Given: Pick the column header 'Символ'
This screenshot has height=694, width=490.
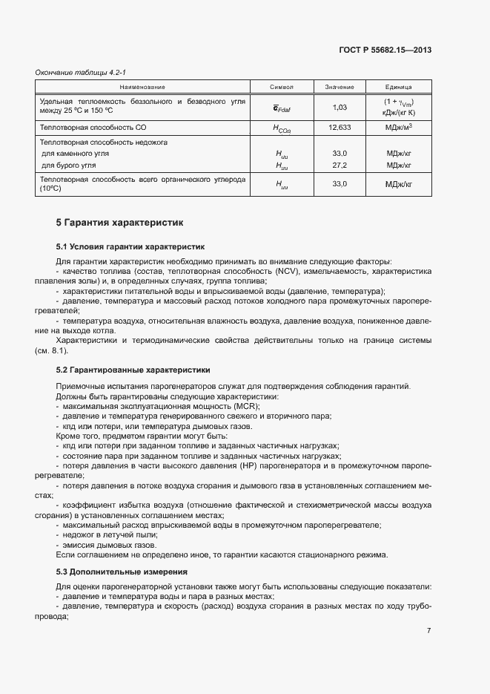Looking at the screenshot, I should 282,87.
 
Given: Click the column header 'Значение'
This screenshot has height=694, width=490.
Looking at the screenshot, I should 340,87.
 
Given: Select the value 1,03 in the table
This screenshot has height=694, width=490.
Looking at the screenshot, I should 340,108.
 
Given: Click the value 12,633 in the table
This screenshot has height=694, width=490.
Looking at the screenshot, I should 340,128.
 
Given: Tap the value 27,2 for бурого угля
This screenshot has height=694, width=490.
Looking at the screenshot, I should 340,165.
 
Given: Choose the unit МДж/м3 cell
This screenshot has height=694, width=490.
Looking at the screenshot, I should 399,128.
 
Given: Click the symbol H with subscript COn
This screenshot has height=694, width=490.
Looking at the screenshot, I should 282,128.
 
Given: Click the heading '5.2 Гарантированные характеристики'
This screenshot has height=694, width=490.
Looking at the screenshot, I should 133,369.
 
